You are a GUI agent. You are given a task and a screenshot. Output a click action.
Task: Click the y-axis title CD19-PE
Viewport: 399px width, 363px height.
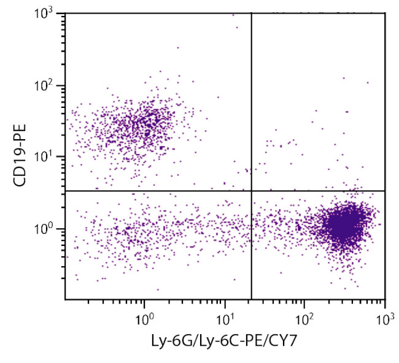tap(20, 158)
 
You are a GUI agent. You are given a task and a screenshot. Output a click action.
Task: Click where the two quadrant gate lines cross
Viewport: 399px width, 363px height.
tap(252, 191)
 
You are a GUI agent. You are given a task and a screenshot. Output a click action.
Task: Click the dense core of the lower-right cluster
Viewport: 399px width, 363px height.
tap(343, 226)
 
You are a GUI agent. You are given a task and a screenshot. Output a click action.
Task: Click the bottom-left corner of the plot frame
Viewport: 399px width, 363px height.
tap(65, 299)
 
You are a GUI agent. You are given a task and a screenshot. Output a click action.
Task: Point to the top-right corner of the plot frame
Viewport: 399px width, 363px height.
tap(385, 13)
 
